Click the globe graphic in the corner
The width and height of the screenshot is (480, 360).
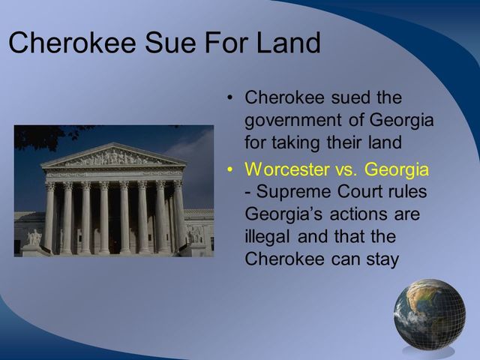[429, 316]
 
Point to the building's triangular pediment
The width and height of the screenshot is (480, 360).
[113, 157]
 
